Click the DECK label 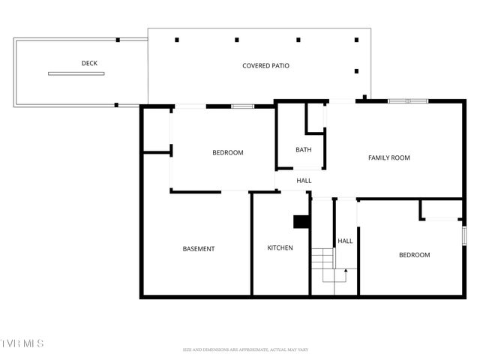coord(89,63)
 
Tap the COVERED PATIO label coord(265,66)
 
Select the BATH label coord(303,150)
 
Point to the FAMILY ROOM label coord(388,157)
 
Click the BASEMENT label coord(199,249)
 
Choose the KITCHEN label coord(280,248)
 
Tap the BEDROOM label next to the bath coord(227,153)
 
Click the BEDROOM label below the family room coord(414,255)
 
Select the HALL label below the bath coord(304,181)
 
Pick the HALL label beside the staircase coord(345,241)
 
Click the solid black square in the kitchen coord(301,221)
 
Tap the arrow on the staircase coord(345,270)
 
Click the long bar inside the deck coord(76,73)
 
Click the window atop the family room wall coord(407,100)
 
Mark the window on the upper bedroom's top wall coord(241,106)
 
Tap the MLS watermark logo coord(22,343)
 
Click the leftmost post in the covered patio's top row coord(177,40)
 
